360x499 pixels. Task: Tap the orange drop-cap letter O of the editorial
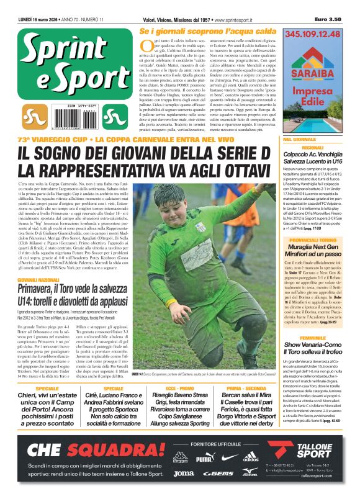[x=145, y=45]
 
